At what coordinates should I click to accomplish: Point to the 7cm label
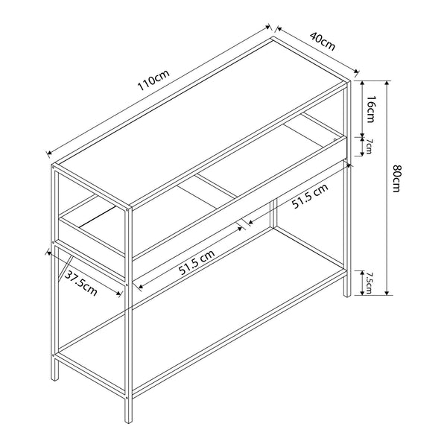click(x=367, y=146)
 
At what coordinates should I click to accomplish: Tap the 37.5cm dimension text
click(x=80, y=285)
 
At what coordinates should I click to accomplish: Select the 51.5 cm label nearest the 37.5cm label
click(x=197, y=262)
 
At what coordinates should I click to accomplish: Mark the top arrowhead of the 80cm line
click(x=387, y=81)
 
